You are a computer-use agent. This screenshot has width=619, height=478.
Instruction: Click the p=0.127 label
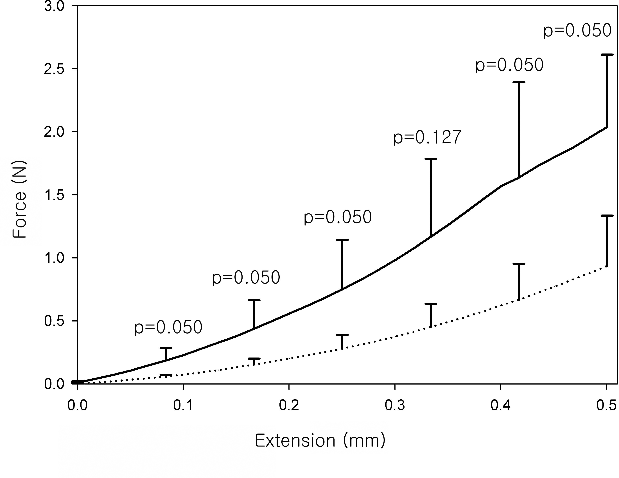427,138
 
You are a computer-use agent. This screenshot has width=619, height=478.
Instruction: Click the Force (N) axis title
20,199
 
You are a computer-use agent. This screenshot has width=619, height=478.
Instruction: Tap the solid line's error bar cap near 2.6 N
607,54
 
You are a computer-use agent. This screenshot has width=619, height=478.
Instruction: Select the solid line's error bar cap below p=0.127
431,159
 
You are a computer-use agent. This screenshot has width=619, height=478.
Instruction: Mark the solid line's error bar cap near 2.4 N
519,82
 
